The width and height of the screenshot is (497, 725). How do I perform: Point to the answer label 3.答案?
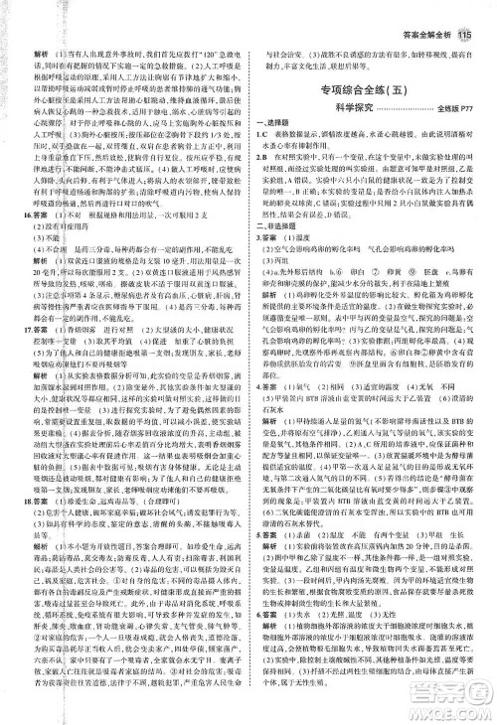click(271, 266)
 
